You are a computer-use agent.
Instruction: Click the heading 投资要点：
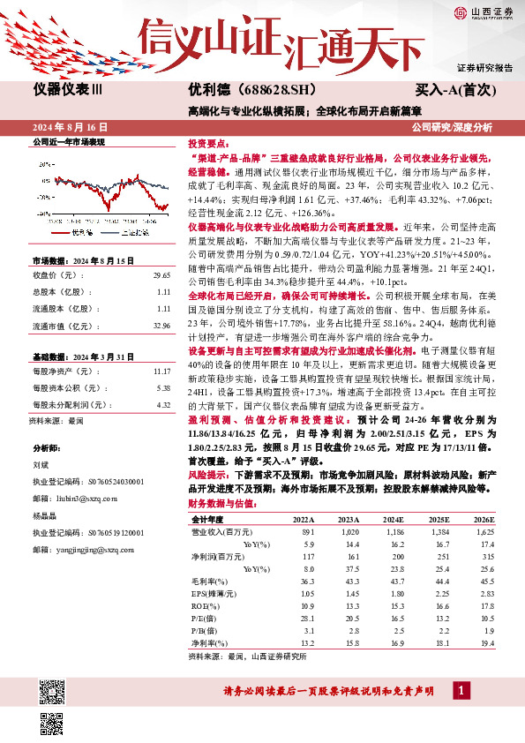pos(208,142)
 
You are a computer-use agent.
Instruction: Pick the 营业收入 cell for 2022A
pos(307,534)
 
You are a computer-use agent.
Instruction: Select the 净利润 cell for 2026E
pos(485,558)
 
